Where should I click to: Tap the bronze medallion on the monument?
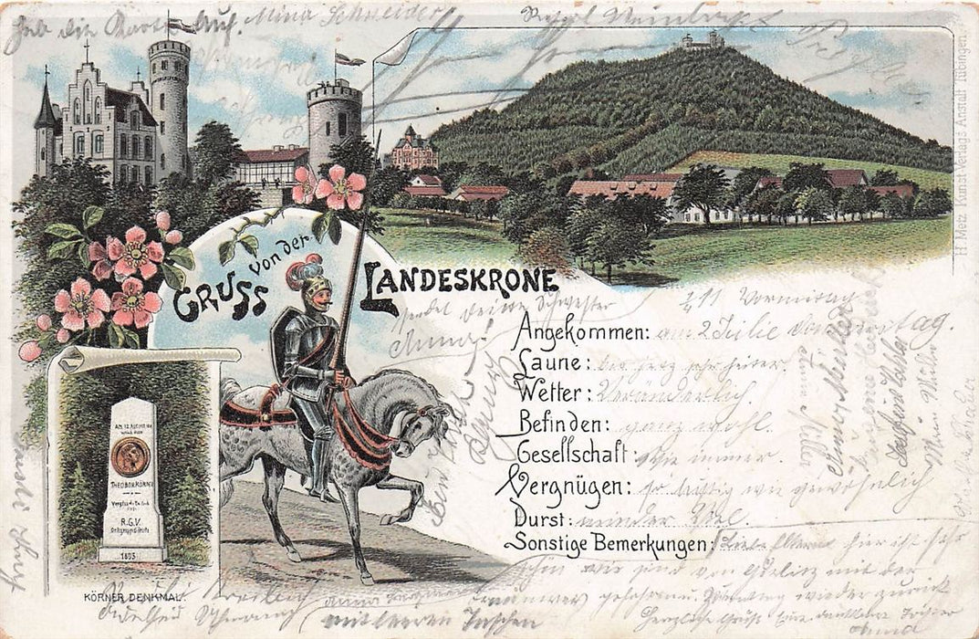(x=130, y=454)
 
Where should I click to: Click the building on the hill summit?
(x=702, y=40)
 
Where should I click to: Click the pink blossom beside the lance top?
(x=339, y=187)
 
